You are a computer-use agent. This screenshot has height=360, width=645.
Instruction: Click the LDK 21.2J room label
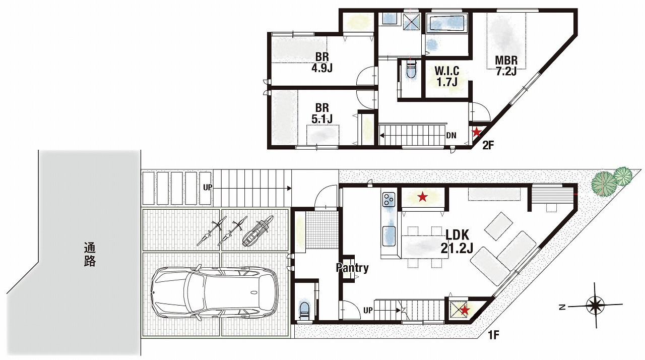pos(457,242)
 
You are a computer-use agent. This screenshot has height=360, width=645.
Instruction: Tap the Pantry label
pos(352,268)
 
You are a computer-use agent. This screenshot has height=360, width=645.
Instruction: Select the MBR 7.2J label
pos(506,66)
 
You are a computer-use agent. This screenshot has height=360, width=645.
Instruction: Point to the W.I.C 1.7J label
pos(447,76)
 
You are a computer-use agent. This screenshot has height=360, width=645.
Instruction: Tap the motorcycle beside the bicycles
pos(257,231)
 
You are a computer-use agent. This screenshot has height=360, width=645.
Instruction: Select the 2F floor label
pos(488,145)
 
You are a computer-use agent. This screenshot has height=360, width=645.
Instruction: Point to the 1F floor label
pos(493,335)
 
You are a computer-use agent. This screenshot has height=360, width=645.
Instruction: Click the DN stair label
pos(451,135)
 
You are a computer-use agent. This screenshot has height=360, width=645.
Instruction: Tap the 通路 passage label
pos(90,255)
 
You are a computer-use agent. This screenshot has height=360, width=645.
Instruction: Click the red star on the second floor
pos(477,132)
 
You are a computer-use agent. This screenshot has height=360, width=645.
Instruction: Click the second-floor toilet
pos(410,70)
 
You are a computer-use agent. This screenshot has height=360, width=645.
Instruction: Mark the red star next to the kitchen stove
pos(422,197)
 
